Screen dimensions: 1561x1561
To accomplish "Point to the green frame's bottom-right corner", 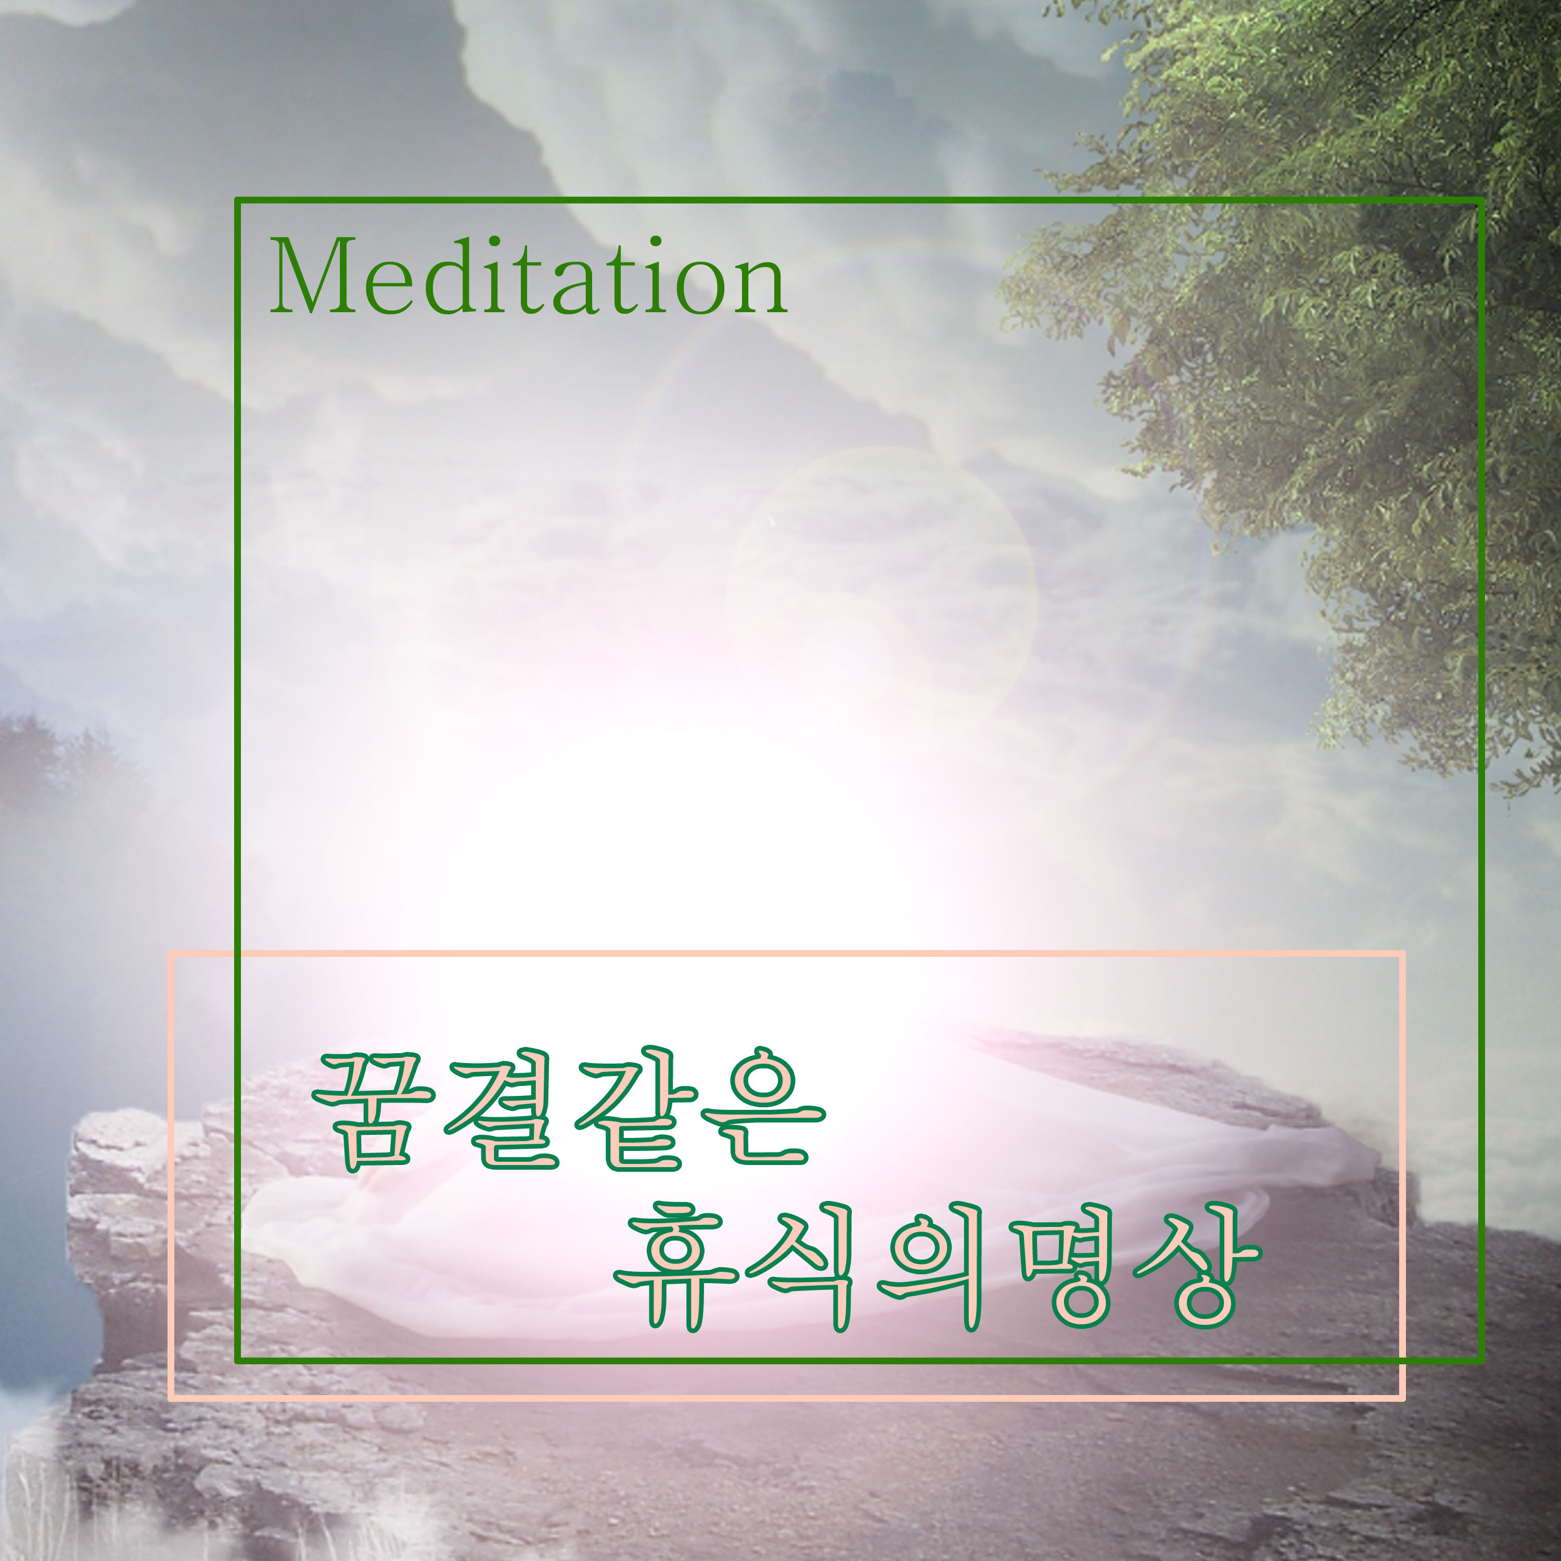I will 1481,1360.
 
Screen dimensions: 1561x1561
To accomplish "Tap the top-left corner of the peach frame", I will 171,953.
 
